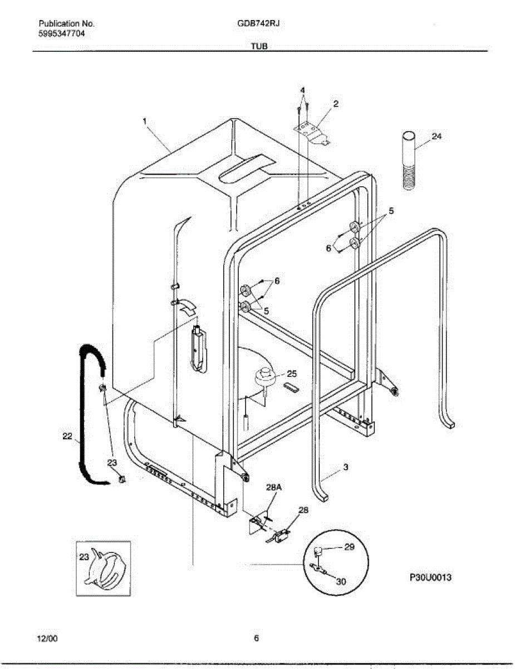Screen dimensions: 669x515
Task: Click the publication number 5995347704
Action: tap(62, 33)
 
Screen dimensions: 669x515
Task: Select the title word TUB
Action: tap(259, 47)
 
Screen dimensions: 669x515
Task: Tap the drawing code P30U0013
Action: tap(430, 578)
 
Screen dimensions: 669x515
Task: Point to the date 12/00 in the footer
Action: tap(47, 638)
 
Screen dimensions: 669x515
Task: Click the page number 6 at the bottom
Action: tap(256, 638)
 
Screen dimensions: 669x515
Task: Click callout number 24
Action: tap(436, 135)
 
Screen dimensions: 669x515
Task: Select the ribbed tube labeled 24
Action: tap(409, 162)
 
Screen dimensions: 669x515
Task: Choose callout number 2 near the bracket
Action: tap(336, 104)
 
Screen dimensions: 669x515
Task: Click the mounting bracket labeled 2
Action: tap(312, 132)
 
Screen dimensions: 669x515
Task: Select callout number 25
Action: tap(292, 374)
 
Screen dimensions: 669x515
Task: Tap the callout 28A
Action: tap(273, 487)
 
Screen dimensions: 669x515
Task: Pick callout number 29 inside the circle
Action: tap(349, 547)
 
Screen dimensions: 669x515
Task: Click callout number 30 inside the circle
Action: tap(341, 581)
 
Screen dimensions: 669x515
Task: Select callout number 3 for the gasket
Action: tap(345, 467)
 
